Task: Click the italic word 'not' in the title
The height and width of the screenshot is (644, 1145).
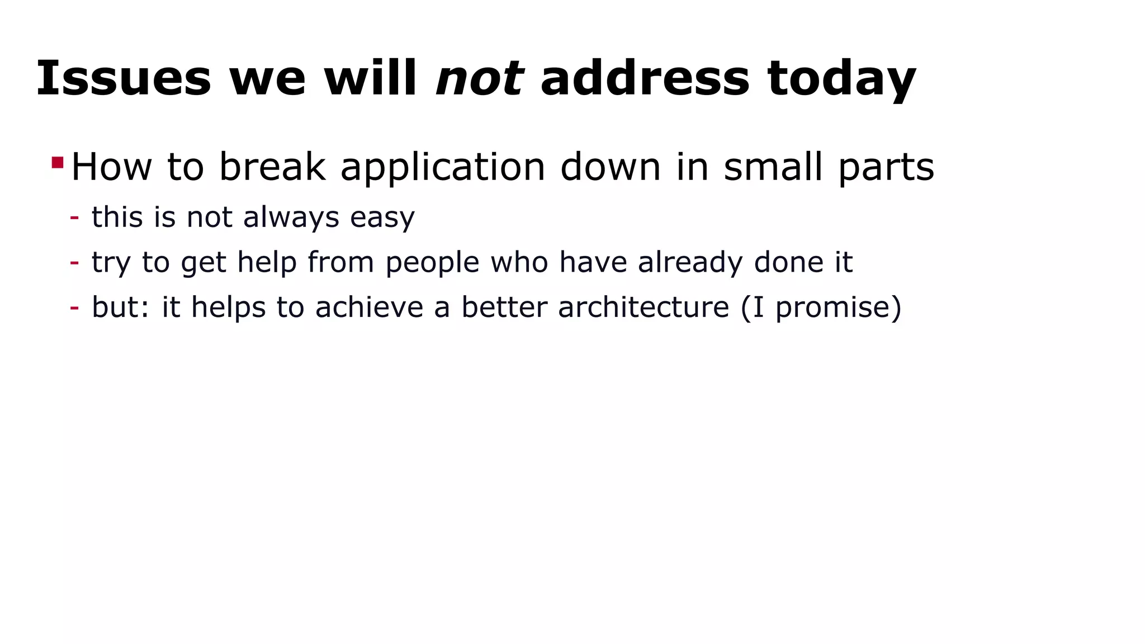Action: pos(479,79)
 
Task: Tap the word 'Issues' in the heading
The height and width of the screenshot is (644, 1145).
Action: pos(124,79)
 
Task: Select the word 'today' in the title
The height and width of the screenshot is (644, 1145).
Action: pos(841,79)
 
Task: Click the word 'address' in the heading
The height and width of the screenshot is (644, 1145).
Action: pos(645,79)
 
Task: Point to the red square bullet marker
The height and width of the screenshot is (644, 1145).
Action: pos(57,163)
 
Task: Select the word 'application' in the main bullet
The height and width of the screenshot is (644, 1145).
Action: pos(442,167)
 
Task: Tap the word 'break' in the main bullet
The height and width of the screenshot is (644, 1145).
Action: pos(272,167)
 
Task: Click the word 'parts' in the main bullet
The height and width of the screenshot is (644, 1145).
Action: pos(886,167)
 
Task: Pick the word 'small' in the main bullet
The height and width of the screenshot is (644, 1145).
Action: pos(774,167)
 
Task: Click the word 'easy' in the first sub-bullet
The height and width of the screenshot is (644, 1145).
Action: pos(382,217)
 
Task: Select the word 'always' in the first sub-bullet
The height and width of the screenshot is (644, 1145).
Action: pos(291,217)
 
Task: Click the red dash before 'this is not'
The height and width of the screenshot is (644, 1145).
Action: pos(74,217)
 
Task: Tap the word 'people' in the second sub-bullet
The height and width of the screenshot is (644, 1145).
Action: pos(432,262)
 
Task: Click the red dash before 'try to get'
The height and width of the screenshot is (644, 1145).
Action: pos(74,262)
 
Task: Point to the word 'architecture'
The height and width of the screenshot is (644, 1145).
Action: pos(644,307)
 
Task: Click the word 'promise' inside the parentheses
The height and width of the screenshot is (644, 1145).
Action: pos(833,307)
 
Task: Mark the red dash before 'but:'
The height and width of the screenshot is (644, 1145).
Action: pos(74,307)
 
